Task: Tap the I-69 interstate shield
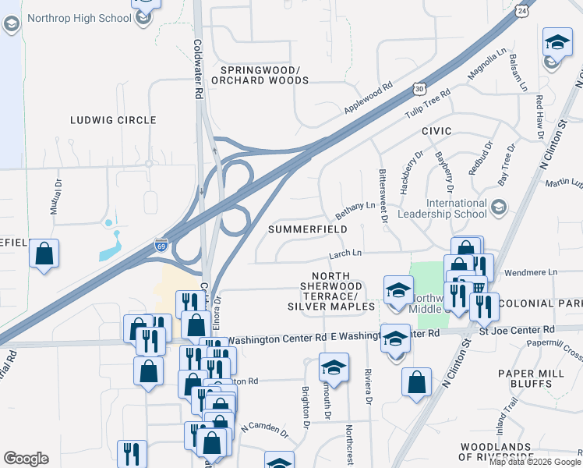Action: tap(161, 243)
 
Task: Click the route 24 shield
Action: tap(521, 10)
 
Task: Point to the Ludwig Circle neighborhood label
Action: tap(113, 120)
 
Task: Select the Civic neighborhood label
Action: tap(437, 132)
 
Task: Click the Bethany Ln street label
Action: tap(355, 209)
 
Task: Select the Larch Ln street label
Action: tap(345, 253)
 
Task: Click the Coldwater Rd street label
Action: tap(198, 69)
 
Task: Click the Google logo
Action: tap(26, 458)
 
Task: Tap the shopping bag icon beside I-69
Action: tap(44, 253)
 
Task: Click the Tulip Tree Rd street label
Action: tap(427, 105)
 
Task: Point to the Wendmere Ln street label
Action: tap(532, 272)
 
